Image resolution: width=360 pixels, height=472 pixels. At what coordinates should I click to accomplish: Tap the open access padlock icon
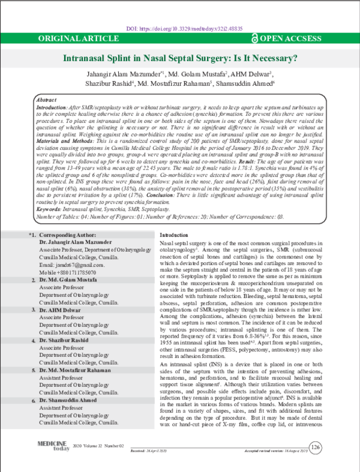click(255, 39)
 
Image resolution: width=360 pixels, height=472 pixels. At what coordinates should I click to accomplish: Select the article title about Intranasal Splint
click(181, 59)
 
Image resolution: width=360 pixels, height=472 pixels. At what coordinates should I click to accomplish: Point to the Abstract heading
click(47, 98)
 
